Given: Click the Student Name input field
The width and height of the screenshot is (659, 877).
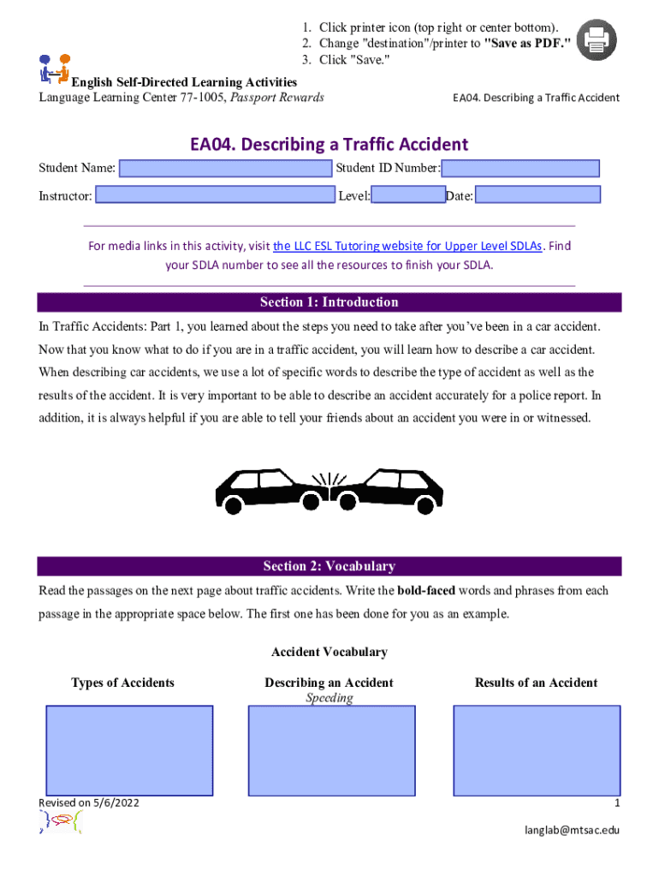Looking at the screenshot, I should click(x=225, y=169).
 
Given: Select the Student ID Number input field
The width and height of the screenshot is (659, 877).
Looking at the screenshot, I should click(x=520, y=169).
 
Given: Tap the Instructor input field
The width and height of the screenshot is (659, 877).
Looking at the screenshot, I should click(x=214, y=195).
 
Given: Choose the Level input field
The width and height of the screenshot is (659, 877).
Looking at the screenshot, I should click(x=408, y=195).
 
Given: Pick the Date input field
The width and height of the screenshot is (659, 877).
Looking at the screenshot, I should click(x=537, y=195).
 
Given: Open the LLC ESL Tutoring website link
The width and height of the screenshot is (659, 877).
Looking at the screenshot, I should click(x=407, y=247).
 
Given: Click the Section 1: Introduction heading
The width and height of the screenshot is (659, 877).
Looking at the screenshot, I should click(x=329, y=302).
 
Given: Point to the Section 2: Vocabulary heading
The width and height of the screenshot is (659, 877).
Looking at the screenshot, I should click(x=329, y=566).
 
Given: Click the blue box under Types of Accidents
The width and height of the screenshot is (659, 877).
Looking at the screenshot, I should click(x=128, y=750).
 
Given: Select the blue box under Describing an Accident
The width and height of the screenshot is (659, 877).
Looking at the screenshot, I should click(x=331, y=750).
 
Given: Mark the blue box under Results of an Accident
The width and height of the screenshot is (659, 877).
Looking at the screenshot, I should click(x=536, y=750).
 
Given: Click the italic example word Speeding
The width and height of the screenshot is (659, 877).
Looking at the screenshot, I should click(x=329, y=698).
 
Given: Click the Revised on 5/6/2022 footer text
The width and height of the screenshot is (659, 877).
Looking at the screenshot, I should click(x=89, y=802).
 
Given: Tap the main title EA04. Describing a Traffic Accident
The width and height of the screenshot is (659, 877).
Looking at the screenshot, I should click(x=329, y=145).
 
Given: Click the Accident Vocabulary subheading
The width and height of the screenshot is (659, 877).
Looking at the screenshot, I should click(x=329, y=653).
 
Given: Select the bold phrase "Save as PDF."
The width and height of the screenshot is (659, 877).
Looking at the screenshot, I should click(x=527, y=43).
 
